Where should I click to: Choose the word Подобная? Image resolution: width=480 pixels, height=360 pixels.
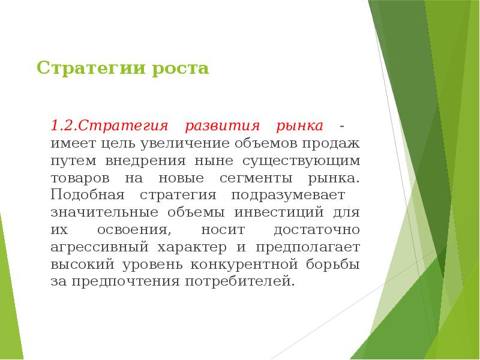(87, 196)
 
